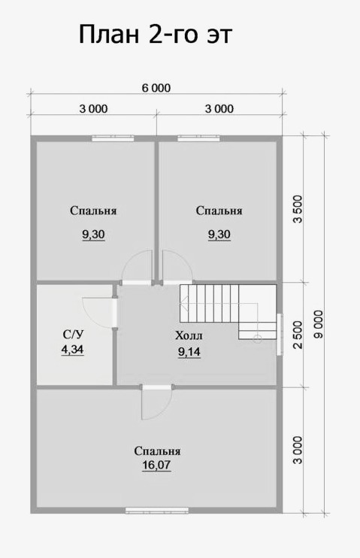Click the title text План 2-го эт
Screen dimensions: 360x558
tap(155, 35)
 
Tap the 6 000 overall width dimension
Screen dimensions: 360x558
tap(156, 87)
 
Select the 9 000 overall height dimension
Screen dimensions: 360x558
tap(319, 324)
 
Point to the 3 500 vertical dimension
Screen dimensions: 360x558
tap(298, 209)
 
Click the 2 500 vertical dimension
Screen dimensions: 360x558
tap(298, 335)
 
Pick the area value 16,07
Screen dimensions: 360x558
tap(156, 465)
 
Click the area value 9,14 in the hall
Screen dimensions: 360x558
tap(189, 352)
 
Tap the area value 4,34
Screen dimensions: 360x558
tap(73, 350)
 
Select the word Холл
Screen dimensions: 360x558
tap(189, 335)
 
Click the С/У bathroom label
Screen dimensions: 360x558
tap(74, 334)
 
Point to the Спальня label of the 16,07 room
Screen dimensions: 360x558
tap(157, 451)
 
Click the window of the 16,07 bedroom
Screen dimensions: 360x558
tap(157, 511)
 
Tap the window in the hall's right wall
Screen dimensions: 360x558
tap(280, 334)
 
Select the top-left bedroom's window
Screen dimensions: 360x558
tap(113, 138)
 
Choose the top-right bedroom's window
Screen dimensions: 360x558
tap(199, 138)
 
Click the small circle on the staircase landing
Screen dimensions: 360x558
tap(258, 338)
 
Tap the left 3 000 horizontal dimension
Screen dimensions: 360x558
tap(93, 108)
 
